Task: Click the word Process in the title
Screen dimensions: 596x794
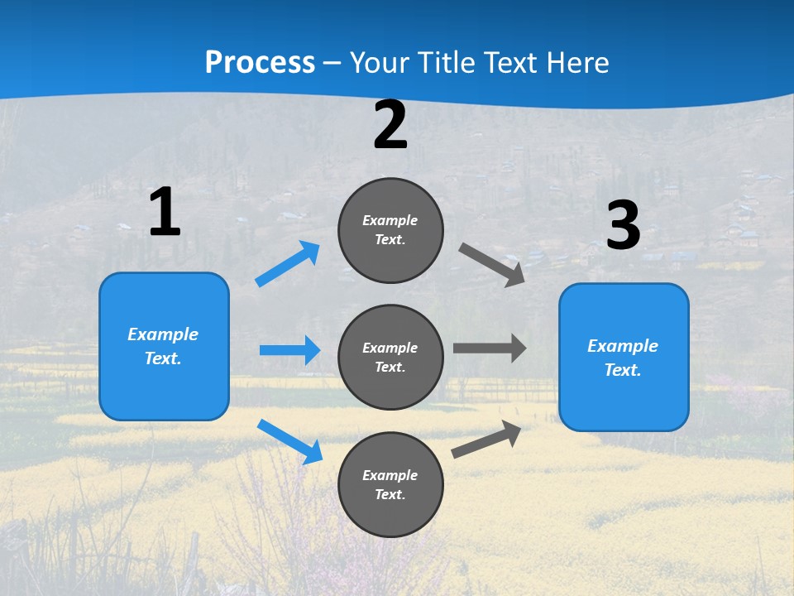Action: [x=260, y=63]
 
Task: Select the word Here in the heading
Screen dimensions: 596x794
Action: [x=575, y=63]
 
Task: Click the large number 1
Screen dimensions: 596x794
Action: [x=165, y=212]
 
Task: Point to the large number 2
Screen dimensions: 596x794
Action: [x=390, y=125]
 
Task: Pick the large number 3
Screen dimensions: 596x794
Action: [x=623, y=226]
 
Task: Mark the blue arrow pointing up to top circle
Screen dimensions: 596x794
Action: [x=288, y=264]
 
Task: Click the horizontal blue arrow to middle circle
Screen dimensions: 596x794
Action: [x=289, y=350]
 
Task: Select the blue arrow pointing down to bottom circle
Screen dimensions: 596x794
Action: [x=289, y=441]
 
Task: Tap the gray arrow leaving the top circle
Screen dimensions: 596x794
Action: [x=492, y=265]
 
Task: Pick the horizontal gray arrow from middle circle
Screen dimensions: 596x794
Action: [x=490, y=348]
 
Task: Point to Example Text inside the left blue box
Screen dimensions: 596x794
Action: [x=163, y=346]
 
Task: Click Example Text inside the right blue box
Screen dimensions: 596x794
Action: [x=623, y=358]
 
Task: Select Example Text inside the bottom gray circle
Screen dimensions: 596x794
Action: [x=390, y=485]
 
